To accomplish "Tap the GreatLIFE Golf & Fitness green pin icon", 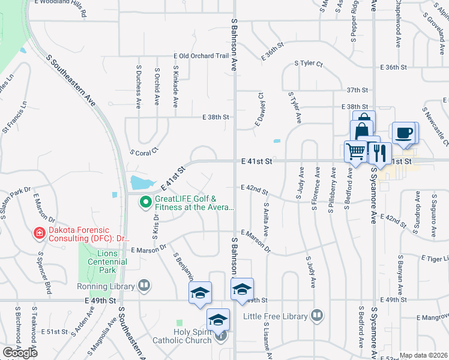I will pyautogui.click(x=145, y=203).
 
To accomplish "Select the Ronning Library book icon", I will pyautogui.click(x=144, y=286).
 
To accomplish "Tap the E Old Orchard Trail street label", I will pyautogui.click(x=201, y=56).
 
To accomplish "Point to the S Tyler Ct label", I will pyautogui.click(x=309, y=64).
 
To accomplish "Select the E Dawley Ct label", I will pyautogui.click(x=260, y=109).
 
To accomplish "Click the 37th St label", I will pyautogui.click(x=357, y=90).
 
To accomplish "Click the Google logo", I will pyautogui.click(x=20, y=353).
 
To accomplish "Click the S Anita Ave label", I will pyautogui.click(x=265, y=220).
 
